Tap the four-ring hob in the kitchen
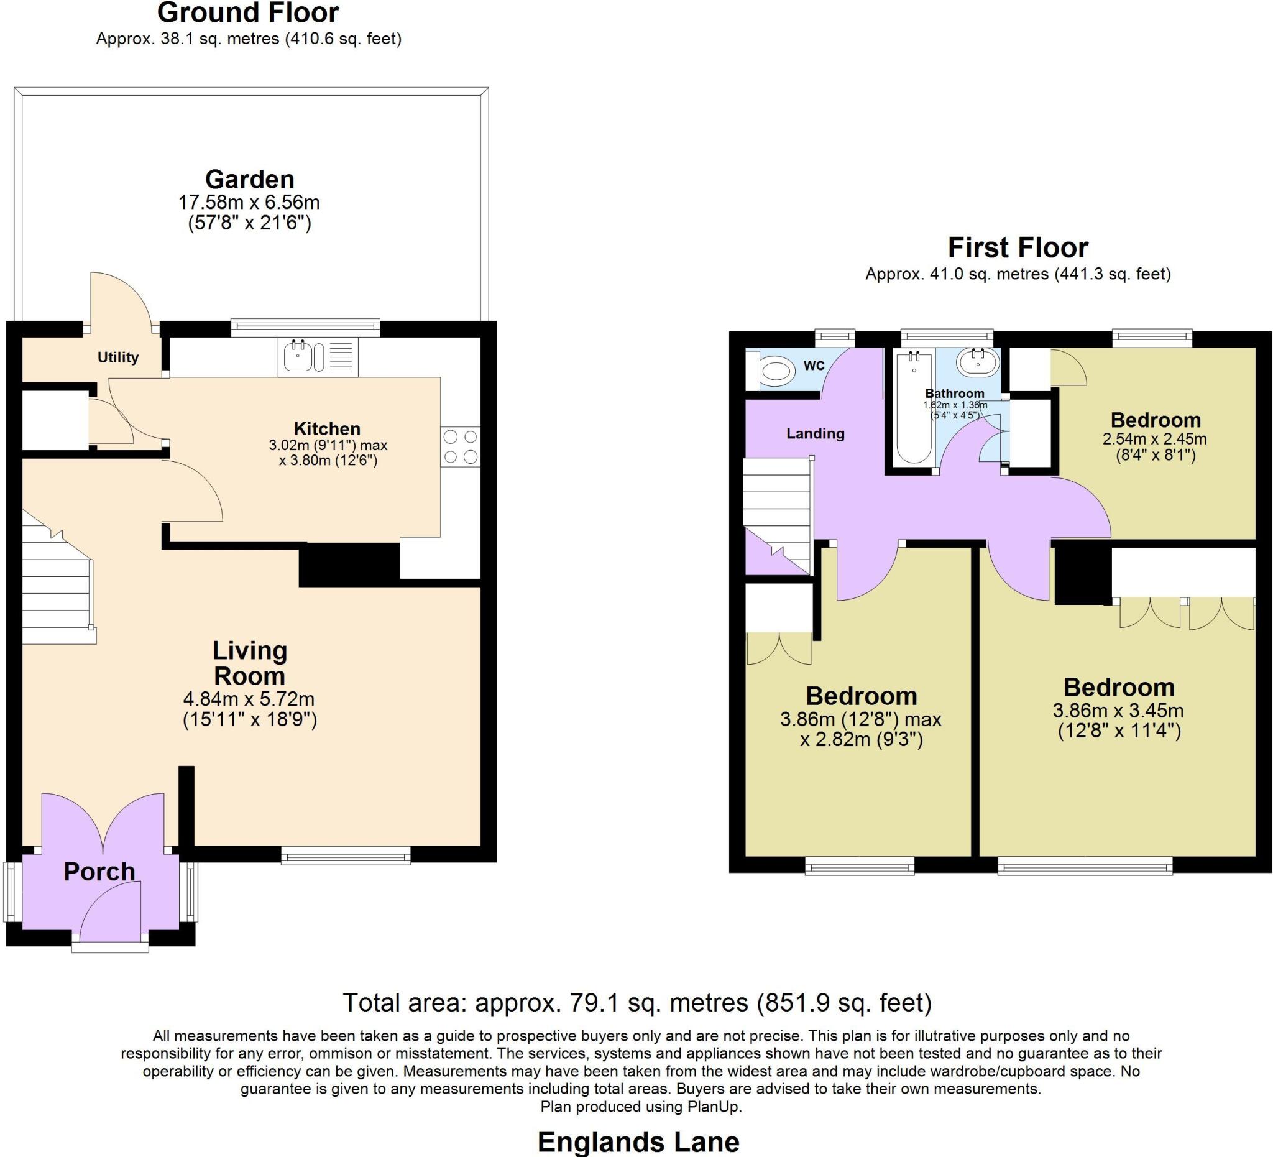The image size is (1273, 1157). tap(461, 446)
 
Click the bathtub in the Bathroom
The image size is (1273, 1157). tap(914, 407)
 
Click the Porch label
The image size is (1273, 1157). tap(99, 872)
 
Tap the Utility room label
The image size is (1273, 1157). tap(117, 357)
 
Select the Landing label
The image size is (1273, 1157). tap(815, 433)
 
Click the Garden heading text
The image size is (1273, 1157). tap(249, 179)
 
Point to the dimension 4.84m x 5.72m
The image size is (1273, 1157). tap(249, 699)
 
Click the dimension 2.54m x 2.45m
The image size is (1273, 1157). tap(1155, 438)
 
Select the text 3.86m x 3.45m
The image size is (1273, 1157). tap(1118, 711)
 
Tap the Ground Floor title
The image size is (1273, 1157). tap(248, 12)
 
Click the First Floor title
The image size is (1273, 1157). tap(1018, 247)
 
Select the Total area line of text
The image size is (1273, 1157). tap(636, 1003)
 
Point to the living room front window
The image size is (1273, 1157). tap(346, 856)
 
